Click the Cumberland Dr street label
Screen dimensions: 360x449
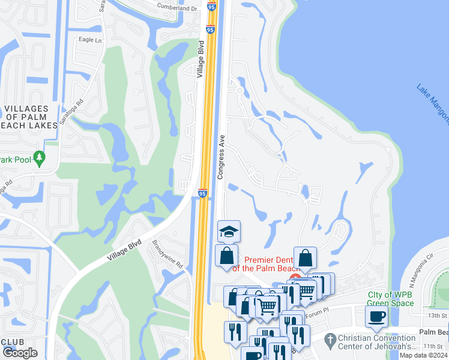(177, 9)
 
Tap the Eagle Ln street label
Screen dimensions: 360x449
(91, 40)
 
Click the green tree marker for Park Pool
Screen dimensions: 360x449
(40, 158)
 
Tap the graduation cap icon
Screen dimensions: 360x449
(228, 232)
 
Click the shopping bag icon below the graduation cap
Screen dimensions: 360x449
(227, 256)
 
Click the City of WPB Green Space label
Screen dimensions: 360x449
(391, 299)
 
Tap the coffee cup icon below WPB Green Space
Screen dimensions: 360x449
(376, 316)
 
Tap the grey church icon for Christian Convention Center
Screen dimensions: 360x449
(328, 340)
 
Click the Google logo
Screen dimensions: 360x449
(20, 352)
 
